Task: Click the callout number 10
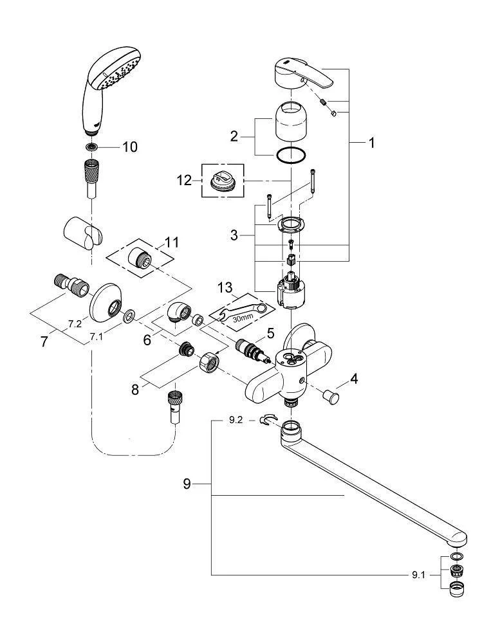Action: click(x=129, y=147)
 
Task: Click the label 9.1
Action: click(x=418, y=575)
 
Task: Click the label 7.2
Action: click(x=75, y=324)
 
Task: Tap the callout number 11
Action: click(x=172, y=243)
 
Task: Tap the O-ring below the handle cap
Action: click(x=290, y=155)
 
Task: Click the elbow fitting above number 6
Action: click(x=178, y=313)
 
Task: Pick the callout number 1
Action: click(x=371, y=144)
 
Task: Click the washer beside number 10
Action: click(x=93, y=147)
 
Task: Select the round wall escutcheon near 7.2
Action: click(x=106, y=304)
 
